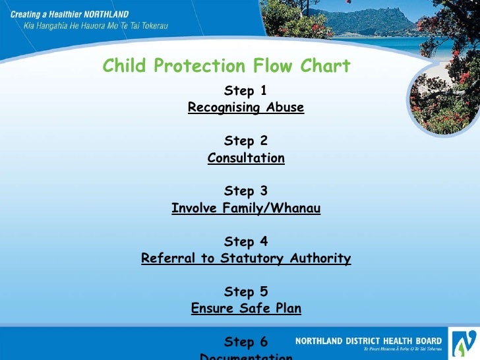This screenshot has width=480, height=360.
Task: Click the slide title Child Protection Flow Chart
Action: (x=226, y=66)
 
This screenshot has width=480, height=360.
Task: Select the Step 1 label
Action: (x=245, y=90)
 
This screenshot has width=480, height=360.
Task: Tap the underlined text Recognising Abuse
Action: (x=246, y=107)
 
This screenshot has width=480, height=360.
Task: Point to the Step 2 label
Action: (x=245, y=140)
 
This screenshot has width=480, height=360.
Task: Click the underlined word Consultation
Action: (x=246, y=158)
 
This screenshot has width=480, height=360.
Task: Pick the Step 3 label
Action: (x=245, y=191)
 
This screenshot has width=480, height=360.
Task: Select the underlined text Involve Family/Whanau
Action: (x=246, y=208)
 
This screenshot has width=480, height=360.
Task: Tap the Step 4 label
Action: (x=245, y=241)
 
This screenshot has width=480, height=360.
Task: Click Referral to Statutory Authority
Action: (x=246, y=258)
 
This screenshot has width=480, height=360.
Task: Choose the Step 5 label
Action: (x=245, y=291)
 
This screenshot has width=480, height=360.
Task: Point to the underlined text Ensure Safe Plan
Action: (x=246, y=308)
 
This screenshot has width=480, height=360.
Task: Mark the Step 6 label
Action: (x=245, y=342)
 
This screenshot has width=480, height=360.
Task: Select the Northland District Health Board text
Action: (x=369, y=341)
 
